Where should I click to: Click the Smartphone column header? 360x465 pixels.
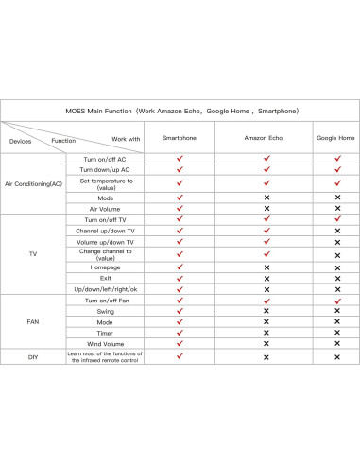[180, 138]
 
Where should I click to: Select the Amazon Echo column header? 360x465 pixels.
[266, 138]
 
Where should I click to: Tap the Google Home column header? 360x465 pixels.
[336, 138]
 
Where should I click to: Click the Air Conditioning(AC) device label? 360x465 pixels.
[33, 183]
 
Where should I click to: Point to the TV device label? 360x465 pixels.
[33, 253]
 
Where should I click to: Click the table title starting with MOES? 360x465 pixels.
[180, 111]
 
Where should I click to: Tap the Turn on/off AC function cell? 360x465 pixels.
[105, 159]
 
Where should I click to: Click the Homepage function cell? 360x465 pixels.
[105, 267]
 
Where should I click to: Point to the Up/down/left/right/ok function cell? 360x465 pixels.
[105, 288]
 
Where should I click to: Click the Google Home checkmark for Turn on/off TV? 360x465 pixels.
[337, 218]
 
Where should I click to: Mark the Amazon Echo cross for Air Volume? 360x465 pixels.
[266, 208]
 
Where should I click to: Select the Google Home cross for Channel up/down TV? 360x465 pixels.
[337, 230]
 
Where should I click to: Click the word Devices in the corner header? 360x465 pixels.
[20, 141]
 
